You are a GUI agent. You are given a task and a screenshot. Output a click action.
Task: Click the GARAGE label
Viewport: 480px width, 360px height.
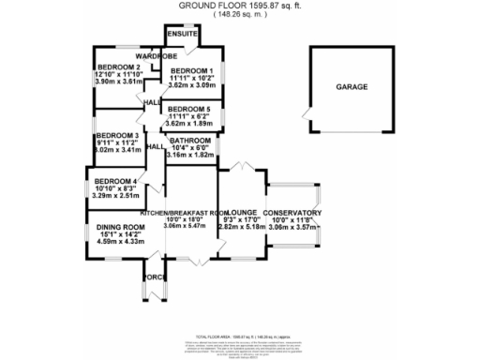(352, 86)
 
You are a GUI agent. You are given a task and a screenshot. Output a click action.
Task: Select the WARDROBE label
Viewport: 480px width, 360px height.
(157, 56)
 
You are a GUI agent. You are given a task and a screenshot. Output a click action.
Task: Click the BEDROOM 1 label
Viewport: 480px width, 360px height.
(192, 71)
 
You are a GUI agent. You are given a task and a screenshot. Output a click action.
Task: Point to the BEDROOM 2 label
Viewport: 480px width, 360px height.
(118, 67)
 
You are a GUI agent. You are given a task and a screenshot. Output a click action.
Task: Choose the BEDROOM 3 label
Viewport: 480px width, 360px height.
(117, 135)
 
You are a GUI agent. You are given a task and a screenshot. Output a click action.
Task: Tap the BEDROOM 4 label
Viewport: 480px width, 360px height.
(116, 180)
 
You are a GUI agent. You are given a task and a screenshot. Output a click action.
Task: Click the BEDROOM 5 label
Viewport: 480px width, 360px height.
(192, 109)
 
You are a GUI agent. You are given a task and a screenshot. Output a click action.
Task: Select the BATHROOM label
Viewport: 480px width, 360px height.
(190, 140)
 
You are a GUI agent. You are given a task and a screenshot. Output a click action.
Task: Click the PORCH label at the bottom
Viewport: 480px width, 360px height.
(153, 277)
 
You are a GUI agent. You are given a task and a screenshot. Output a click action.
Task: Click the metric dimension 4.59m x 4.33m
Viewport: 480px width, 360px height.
(118, 242)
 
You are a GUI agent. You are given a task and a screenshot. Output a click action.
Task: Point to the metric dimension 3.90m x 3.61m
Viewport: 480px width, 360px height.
(118, 82)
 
